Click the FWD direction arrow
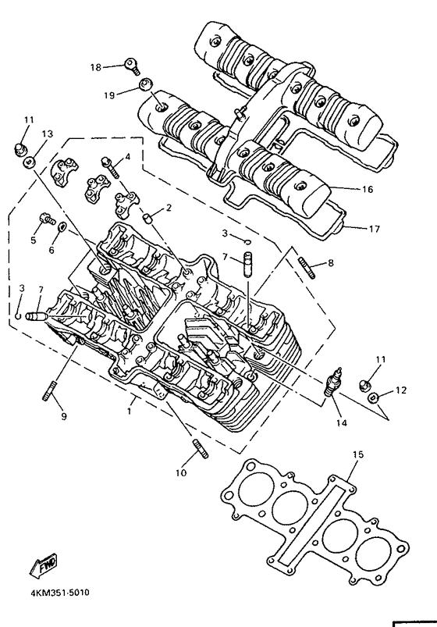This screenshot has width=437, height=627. click(x=44, y=565)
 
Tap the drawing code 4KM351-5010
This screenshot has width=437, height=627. click(x=60, y=592)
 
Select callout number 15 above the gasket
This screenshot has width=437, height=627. click(x=358, y=454)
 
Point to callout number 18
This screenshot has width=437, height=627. click(x=96, y=67)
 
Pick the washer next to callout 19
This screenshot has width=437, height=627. click(x=145, y=85)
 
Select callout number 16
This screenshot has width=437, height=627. click(x=367, y=189)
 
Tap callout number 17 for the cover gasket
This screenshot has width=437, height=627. click(x=374, y=229)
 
